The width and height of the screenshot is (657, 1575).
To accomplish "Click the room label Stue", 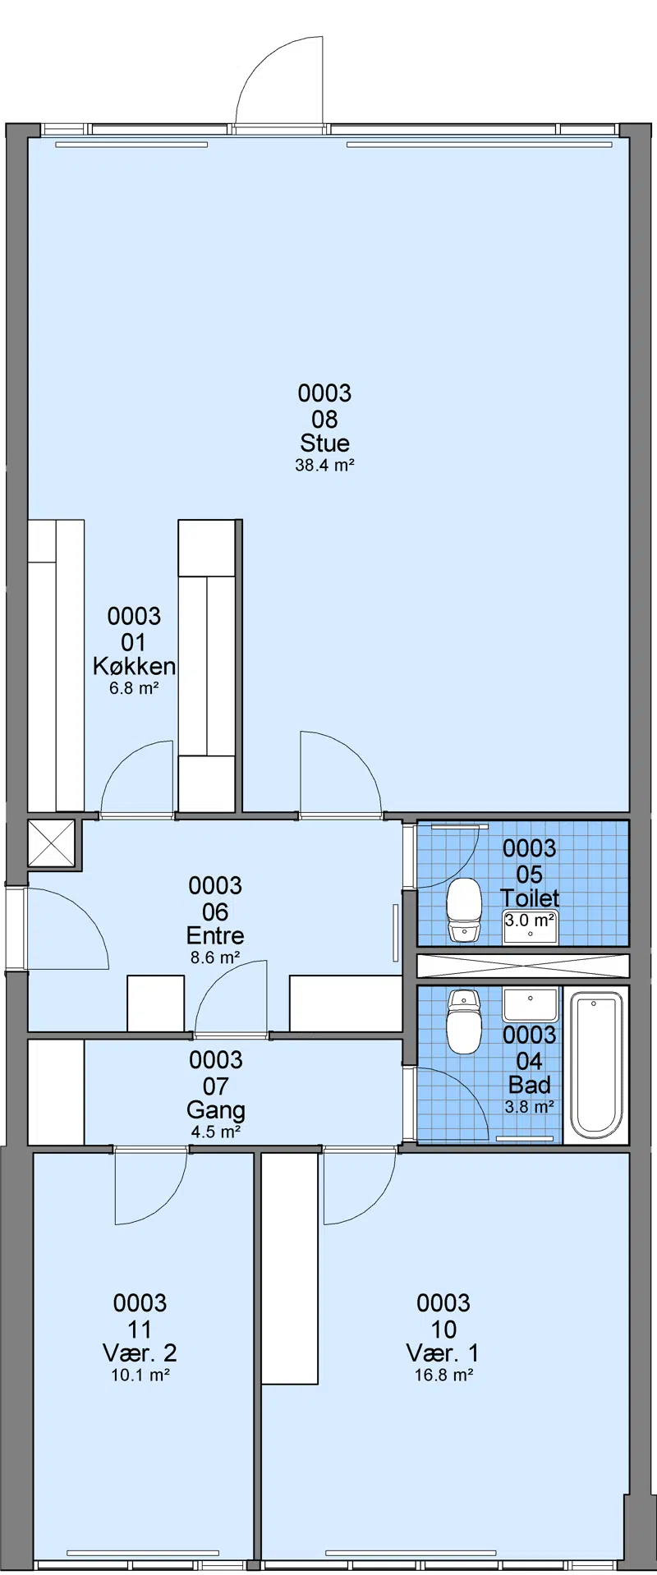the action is tap(324, 443).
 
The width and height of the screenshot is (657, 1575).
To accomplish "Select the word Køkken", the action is tap(134, 666).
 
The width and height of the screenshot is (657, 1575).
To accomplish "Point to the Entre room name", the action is tap(215, 935).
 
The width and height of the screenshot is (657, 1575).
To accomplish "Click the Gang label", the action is tap(215, 1110).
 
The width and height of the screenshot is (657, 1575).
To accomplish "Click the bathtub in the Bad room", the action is tap(597, 1064).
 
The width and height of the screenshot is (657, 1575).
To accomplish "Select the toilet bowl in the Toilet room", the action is tap(464, 910).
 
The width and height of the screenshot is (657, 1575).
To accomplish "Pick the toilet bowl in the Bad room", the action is tap(464, 1021).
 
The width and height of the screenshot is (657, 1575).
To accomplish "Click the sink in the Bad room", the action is tap(530, 1005).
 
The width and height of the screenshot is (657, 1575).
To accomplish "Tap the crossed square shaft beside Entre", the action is tap(51, 843).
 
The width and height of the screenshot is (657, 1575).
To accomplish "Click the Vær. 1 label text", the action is tap(443, 1352).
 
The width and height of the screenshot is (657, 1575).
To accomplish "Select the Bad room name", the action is tap(530, 1085).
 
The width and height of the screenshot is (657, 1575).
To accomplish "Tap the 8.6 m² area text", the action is tap(215, 957).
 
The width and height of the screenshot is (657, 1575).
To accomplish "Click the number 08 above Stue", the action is tap(324, 419).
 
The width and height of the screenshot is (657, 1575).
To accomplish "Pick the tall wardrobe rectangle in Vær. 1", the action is tap(289, 1268).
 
